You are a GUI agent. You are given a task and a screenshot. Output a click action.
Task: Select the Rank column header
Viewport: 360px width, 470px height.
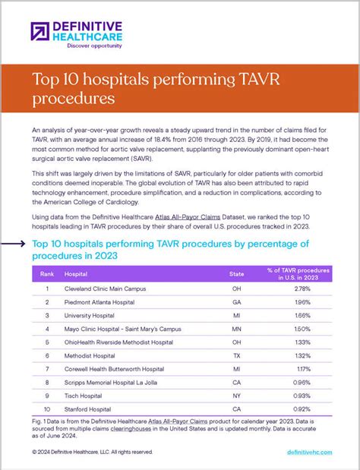[x=47, y=273]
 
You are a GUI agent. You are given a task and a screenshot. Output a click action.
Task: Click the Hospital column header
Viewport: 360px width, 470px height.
[x=76, y=273]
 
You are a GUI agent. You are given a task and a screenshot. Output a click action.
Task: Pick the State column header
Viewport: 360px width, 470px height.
[x=237, y=273]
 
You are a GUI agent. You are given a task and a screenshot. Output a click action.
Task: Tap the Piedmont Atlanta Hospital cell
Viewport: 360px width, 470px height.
[x=99, y=302]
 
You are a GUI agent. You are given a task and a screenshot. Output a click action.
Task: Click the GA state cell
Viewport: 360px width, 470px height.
[x=237, y=302]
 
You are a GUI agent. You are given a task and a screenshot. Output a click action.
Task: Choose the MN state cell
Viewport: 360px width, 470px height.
[x=237, y=330]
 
